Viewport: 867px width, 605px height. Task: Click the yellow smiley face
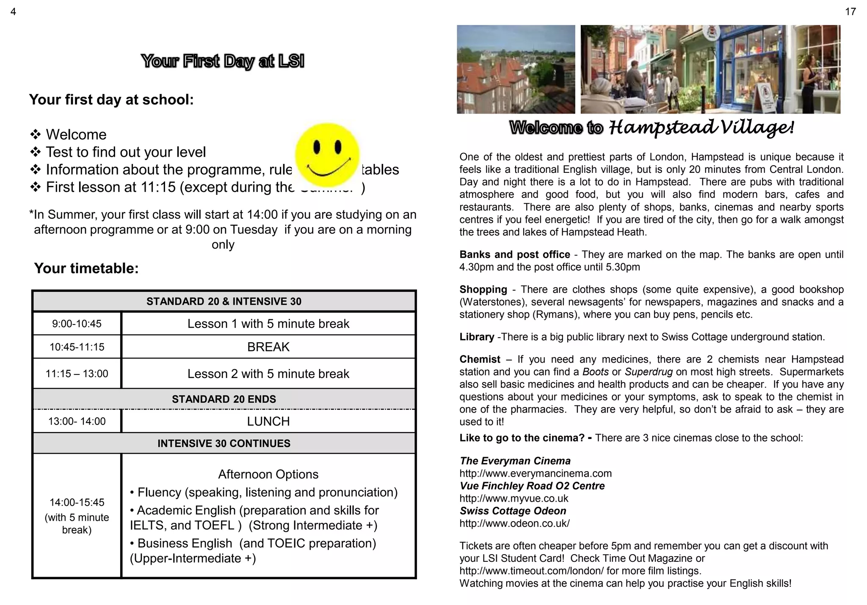coord(327,155)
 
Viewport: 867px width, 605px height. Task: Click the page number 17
coord(850,12)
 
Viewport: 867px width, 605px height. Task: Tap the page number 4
coord(13,12)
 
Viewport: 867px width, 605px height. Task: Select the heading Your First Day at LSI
coord(223,61)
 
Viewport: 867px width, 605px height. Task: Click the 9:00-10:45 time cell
coord(77,324)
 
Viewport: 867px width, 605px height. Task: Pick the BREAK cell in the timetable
coord(268,347)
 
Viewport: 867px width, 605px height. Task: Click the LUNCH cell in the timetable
coord(268,421)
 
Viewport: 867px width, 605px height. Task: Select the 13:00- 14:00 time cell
coord(77,421)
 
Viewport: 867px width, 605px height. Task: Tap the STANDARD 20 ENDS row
coord(224,399)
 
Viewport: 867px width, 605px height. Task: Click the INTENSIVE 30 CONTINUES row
coord(224,443)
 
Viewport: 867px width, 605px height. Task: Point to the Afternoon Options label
coord(268,474)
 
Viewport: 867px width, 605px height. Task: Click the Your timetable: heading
coord(86,268)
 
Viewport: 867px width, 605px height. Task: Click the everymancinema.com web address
coord(535,473)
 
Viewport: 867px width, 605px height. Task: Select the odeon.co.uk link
coord(514,523)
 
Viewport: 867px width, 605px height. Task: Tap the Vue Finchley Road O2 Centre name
coord(532,486)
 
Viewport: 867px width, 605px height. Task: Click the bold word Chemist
coord(480,359)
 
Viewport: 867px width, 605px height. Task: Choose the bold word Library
coord(477,337)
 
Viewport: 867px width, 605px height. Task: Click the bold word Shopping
coord(483,289)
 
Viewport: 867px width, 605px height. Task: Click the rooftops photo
coord(516,69)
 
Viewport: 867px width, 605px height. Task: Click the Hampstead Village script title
coord(701,127)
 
